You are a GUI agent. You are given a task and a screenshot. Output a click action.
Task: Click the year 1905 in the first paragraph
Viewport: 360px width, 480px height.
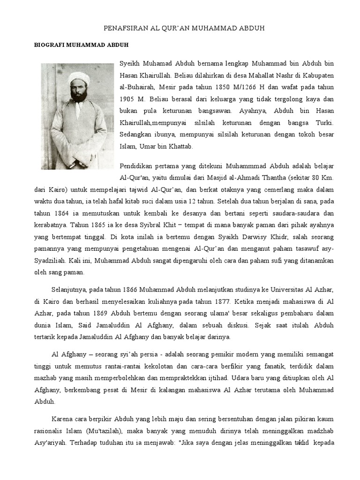pos(129,99)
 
